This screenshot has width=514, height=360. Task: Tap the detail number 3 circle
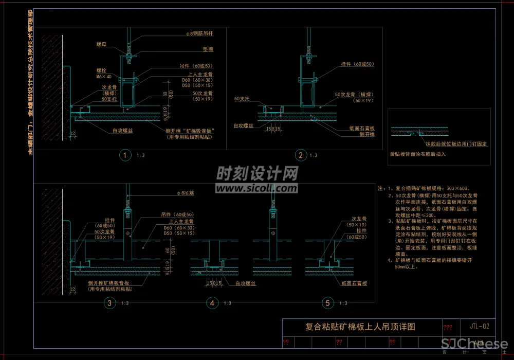point(109,303)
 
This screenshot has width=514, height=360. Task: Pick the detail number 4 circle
point(212,303)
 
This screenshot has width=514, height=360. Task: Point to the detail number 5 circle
point(327,303)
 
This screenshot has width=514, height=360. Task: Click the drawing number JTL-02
point(483,326)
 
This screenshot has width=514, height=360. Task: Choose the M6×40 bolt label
point(104,76)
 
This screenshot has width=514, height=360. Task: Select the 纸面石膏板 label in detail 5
point(353,283)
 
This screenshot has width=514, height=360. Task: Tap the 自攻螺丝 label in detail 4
point(245,283)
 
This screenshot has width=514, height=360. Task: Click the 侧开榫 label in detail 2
point(367,134)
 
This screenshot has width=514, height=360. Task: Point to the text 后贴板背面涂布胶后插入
point(417,154)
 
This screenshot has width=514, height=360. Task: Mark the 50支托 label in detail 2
point(242,98)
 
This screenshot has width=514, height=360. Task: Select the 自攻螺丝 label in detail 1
point(123,131)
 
